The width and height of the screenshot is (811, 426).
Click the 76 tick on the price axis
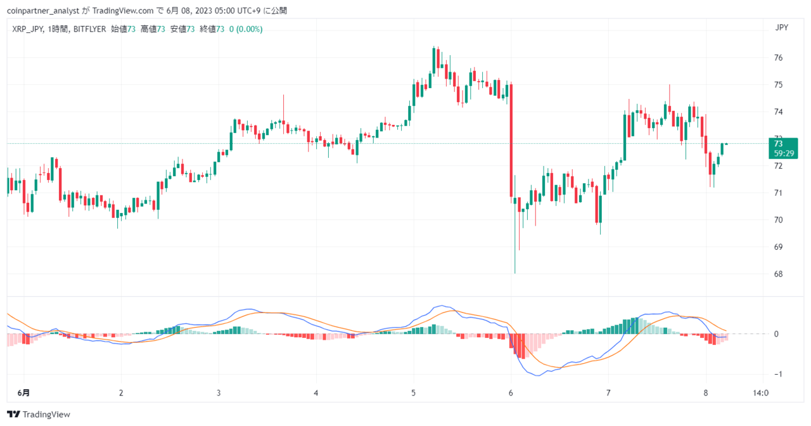point(778,58)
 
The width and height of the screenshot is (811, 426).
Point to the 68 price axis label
point(778,274)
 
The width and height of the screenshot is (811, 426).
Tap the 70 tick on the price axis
point(778,220)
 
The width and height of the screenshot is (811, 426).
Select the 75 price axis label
point(778,85)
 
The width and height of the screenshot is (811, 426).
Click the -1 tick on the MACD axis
point(777,374)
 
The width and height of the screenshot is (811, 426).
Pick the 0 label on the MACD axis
point(776,334)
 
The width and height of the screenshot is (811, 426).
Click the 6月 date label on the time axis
point(23,393)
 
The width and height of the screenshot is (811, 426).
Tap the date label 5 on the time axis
point(413,393)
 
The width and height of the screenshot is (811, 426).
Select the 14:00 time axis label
point(760,393)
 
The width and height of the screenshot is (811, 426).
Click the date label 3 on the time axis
point(219,393)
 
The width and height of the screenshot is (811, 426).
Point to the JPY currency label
point(782,28)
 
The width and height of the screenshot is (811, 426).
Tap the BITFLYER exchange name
point(89,29)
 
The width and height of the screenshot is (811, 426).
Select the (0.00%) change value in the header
point(249,29)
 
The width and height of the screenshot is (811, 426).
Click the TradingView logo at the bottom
point(39,415)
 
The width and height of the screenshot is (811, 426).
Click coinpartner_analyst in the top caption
point(42,11)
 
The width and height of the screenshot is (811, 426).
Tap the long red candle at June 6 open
point(511,141)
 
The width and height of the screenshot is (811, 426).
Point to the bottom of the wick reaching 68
point(515,273)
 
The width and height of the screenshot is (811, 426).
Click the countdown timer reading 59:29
point(784,153)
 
